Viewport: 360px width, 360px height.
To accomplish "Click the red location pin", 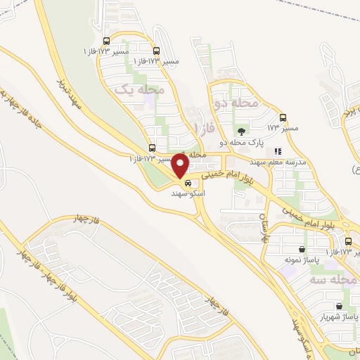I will point(181,166).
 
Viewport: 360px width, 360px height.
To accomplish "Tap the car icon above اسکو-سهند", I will point(187,183).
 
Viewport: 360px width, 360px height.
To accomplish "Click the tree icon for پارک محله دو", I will point(242,131).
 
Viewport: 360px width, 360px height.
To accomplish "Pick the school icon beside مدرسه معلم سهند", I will point(278,151).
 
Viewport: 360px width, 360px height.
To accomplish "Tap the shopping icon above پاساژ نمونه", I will point(302,249).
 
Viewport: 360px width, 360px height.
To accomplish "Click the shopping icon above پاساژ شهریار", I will point(340,307).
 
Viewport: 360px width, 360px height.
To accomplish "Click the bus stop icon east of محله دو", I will point(283,117).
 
